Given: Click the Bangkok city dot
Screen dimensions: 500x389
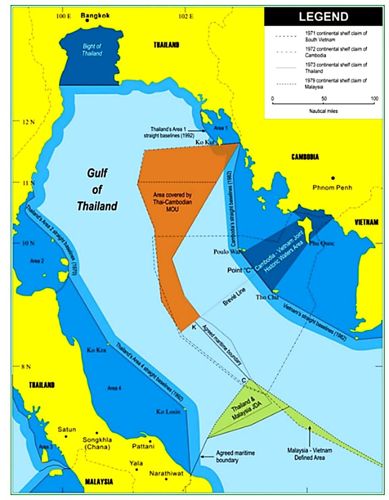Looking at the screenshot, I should click(x=87, y=20).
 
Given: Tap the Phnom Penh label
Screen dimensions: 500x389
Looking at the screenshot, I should click(x=332, y=187).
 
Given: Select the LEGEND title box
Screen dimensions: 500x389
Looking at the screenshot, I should click(x=323, y=17).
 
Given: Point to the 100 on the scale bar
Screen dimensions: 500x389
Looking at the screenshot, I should click(x=374, y=99).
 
